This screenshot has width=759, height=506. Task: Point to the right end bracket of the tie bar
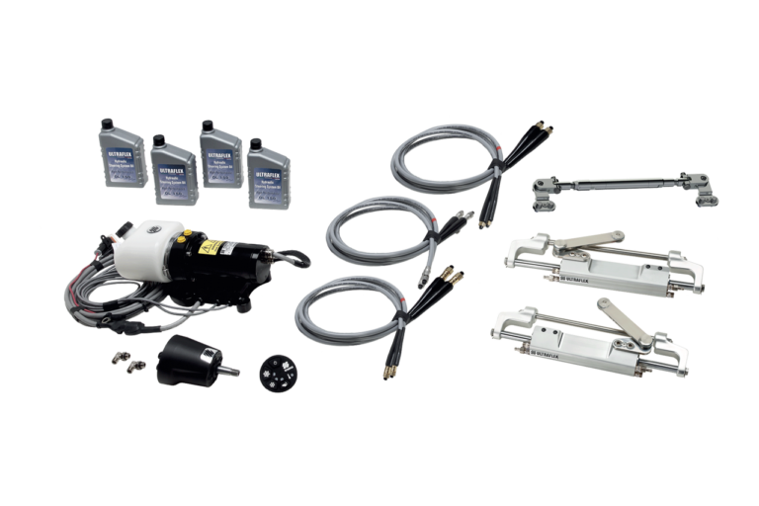coord(704,192)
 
